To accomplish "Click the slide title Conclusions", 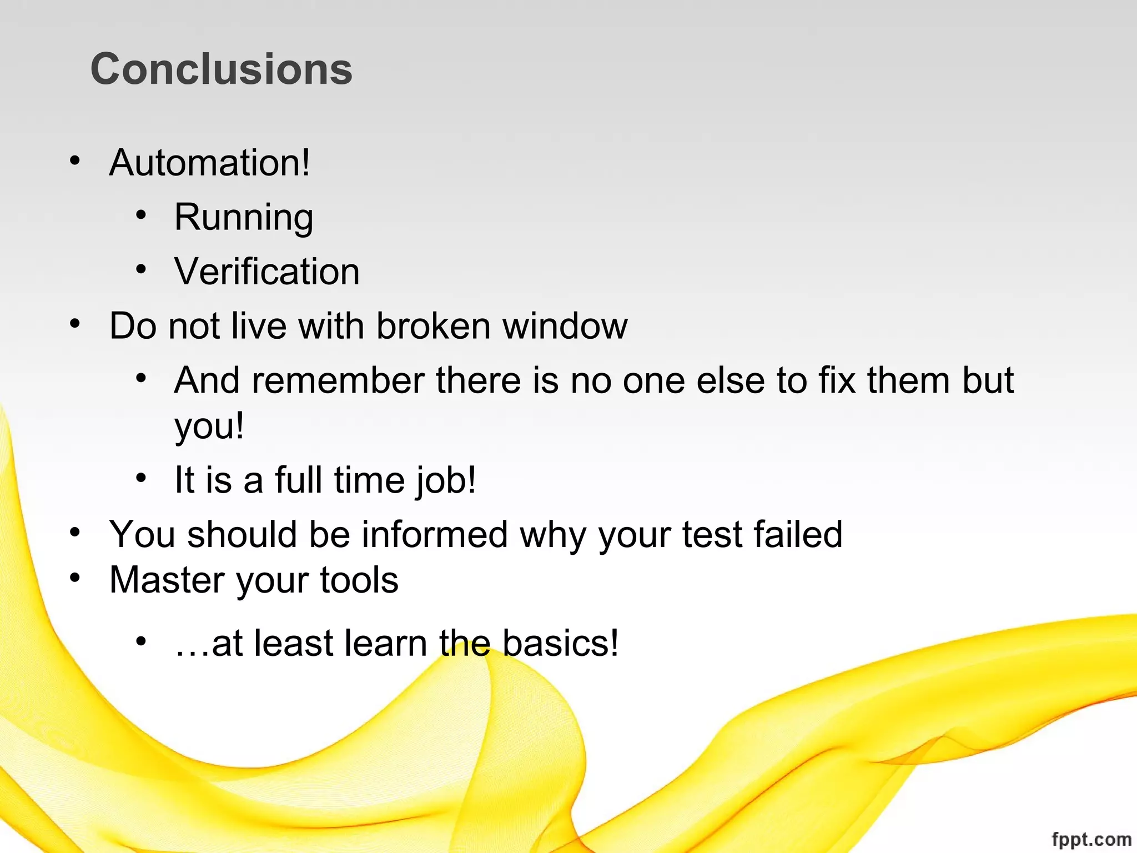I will (221, 69).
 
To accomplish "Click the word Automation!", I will (210, 163).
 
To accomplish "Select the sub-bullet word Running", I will (244, 217).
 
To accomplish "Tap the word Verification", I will (267, 272).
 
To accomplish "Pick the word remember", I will (338, 380).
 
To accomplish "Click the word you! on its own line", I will (209, 426).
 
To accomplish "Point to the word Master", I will (167, 580).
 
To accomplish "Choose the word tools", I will (359, 580).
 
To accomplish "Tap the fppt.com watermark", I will (1091, 839).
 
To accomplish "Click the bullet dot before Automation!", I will (75, 161).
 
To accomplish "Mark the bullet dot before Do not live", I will (75, 324).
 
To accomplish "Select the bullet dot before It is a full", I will (141, 478).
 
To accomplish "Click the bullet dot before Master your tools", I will (75, 578).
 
